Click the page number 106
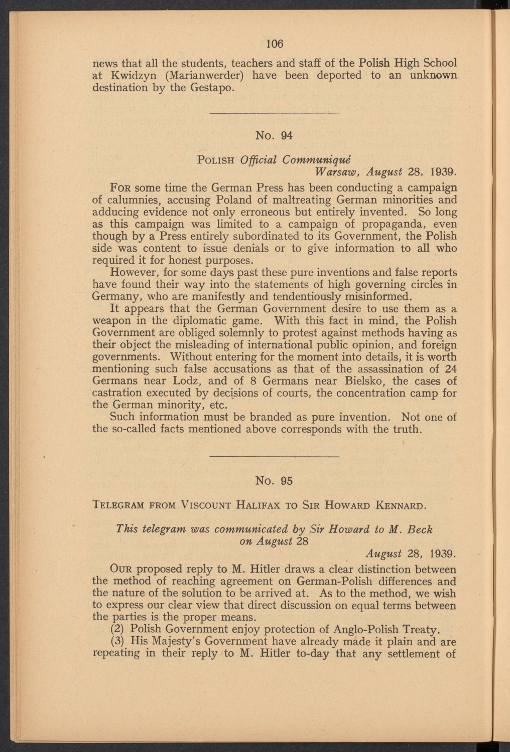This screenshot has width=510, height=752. pos(275,44)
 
